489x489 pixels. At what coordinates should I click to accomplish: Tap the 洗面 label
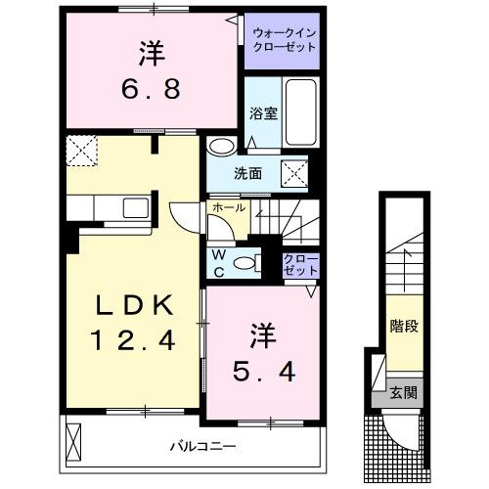pos(248,174)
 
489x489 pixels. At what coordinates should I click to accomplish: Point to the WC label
pos(220,259)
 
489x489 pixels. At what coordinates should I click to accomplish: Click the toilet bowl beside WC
pos(249,261)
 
